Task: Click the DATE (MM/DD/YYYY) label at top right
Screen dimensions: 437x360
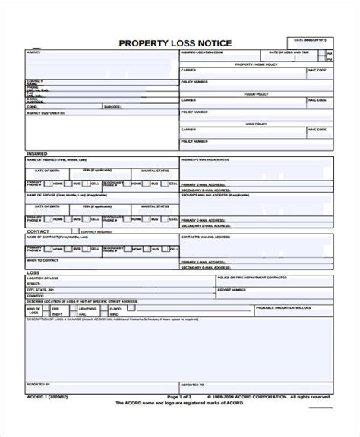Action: point(310,39)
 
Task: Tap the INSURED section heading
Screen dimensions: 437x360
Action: point(37,153)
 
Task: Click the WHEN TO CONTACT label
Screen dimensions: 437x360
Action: point(43,259)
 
